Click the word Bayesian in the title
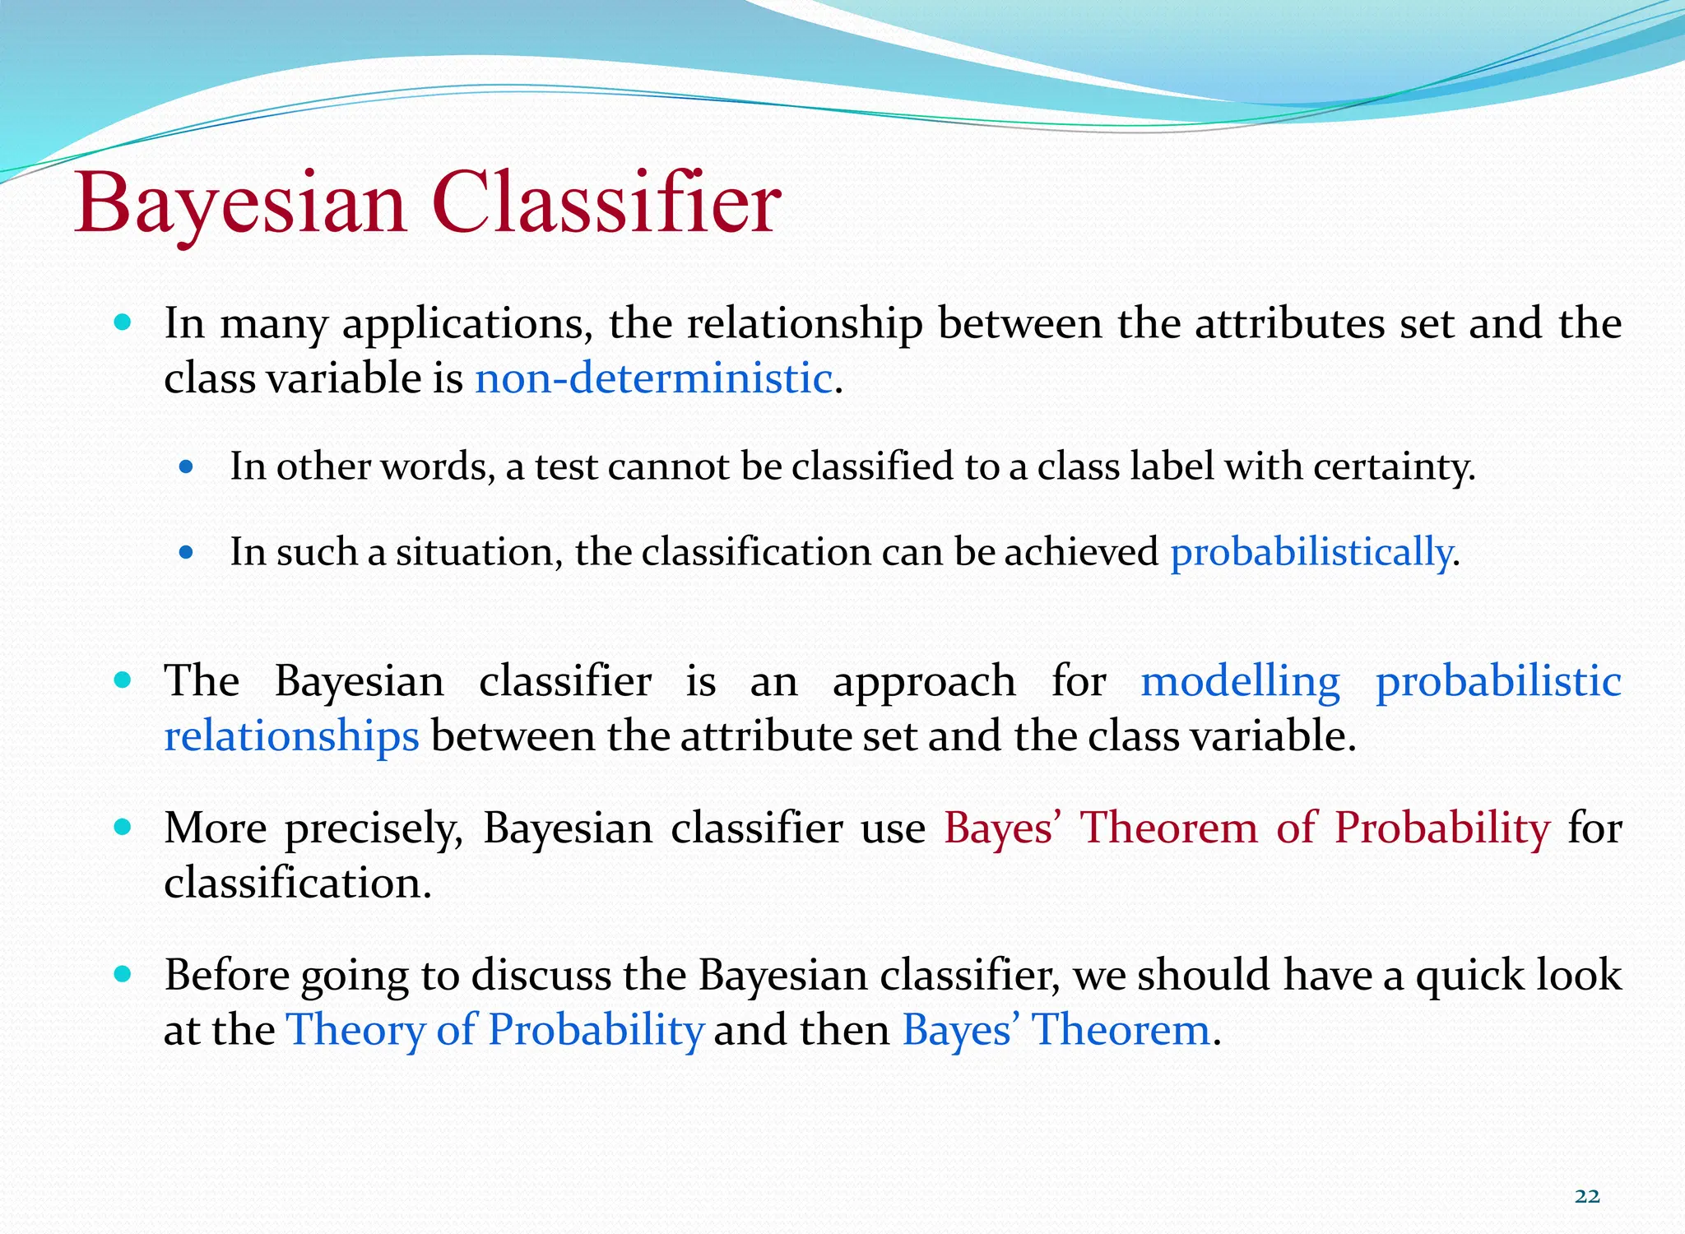(241, 203)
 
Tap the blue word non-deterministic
(654, 378)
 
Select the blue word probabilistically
(1311, 551)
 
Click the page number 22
(1587, 1196)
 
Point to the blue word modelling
(1240, 681)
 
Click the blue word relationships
(291, 735)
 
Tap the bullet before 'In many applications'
(123, 322)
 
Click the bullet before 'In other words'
(186, 467)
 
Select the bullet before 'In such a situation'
(186, 553)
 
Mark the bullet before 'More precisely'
(123, 827)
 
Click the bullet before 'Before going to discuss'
(123, 975)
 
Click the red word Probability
(1441, 828)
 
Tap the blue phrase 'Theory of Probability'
(494, 1030)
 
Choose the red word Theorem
(1168, 828)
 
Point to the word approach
(924, 681)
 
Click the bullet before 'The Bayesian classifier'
(123, 680)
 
